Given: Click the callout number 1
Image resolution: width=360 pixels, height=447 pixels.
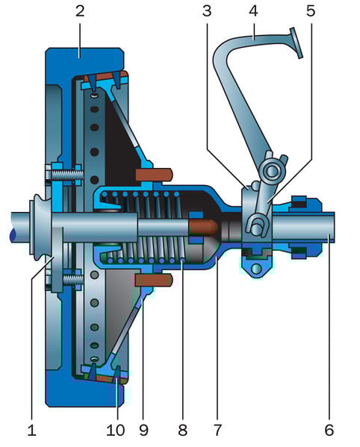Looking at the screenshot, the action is pos(31,430).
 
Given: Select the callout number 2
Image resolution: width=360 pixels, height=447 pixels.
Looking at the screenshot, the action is pos(80,11).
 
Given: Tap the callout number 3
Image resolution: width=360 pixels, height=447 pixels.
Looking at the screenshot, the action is pos(207,11).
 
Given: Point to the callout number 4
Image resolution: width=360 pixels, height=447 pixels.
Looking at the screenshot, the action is pos(253,11).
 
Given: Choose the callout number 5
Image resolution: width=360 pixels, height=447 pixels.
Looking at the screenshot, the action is pos(311,11).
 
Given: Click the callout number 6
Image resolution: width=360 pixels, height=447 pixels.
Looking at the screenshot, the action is pos(329,430).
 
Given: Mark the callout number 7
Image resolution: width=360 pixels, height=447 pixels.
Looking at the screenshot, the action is pos(217,430).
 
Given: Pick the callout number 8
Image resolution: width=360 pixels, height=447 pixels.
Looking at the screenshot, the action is pos(182,430).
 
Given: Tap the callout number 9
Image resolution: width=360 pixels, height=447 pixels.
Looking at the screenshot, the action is pos(143,430).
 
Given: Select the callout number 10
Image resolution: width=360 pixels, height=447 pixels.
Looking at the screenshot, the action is pos(115,430).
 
